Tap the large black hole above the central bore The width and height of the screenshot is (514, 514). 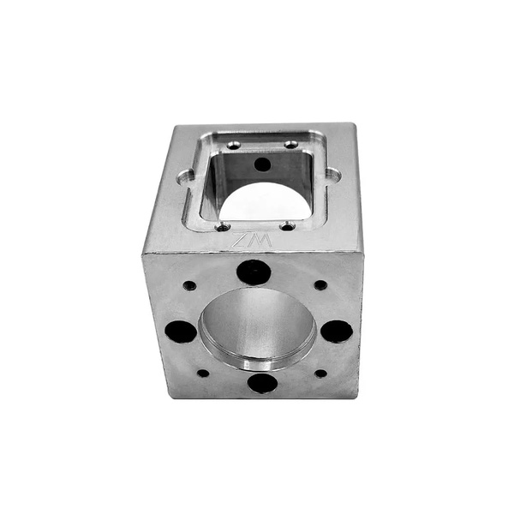[x=254, y=273]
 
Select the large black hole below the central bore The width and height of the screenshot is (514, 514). [x=262, y=382]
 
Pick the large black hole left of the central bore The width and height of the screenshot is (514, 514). [x=180, y=331]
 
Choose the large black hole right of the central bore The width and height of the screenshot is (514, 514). [x=336, y=332]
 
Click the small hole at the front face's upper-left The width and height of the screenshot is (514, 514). [x=189, y=285]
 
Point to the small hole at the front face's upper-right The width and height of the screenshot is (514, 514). [x=320, y=285]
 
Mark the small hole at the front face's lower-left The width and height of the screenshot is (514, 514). [x=203, y=373]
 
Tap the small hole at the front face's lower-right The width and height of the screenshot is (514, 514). [x=320, y=374]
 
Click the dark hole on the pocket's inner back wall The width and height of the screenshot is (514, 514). [x=262, y=164]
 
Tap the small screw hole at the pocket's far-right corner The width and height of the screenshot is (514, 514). [x=291, y=144]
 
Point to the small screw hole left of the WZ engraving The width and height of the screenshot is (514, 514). [x=223, y=227]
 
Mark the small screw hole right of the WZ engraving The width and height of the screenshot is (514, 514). [x=288, y=226]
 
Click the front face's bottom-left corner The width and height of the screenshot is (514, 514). [x=169, y=397]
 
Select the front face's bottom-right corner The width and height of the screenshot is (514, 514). [x=353, y=398]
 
